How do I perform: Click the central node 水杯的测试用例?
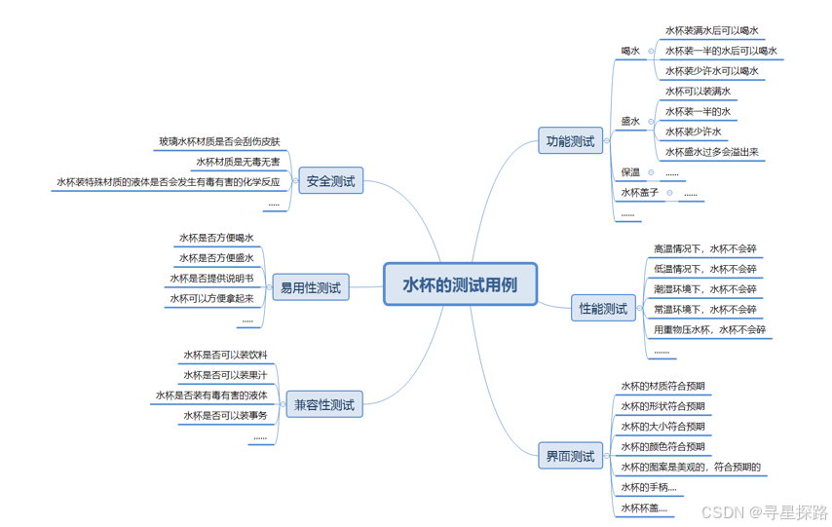click(x=460, y=284)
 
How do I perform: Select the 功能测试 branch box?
click(x=570, y=141)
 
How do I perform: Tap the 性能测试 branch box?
click(x=603, y=309)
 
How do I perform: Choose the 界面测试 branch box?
click(x=570, y=456)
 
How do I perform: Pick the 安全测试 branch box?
click(x=330, y=181)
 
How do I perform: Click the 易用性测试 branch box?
click(x=311, y=287)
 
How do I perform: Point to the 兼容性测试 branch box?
click(x=324, y=404)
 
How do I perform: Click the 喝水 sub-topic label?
click(x=630, y=51)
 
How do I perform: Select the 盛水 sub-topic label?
click(x=630, y=122)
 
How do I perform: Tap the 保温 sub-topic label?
click(x=630, y=172)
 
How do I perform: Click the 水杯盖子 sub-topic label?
click(x=640, y=193)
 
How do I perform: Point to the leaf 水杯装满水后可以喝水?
click(x=711, y=30)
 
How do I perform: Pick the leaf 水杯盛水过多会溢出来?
click(x=711, y=152)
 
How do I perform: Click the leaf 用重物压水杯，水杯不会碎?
click(x=709, y=330)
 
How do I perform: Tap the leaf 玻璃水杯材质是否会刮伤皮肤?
click(x=219, y=141)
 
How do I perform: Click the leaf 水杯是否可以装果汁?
click(x=225, y=375)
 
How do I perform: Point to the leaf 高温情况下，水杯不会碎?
click(x=704, y=248)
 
